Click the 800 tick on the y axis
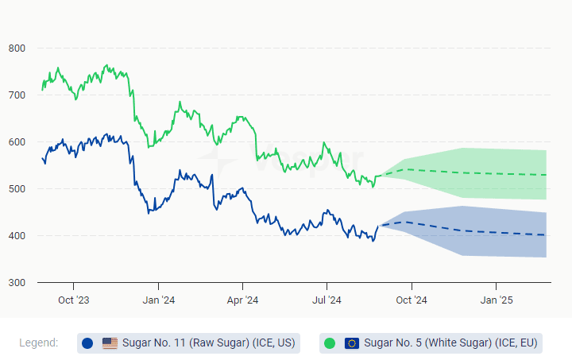tap(17, 48)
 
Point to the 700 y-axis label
tap(17, 95)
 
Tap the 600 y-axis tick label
tap(17, 142)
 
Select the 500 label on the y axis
tap(17, 189)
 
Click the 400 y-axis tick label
tap(17, 236)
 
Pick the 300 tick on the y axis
tap(17, 283)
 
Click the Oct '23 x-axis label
tap(73, 300)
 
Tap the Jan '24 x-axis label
tap(158, 300)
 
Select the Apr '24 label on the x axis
tap(242, 300)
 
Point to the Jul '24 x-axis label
tap(327, 300)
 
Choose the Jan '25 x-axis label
tap(496, 300)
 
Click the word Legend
tap(39, 343)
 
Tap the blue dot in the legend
tap(87, 343)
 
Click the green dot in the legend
tap(330, 343)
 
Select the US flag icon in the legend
tap(110, 343)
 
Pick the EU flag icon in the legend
tap(352, 343)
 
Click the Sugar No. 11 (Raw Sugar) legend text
tap(208, 343)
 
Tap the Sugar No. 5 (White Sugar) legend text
tap(450, 343)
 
